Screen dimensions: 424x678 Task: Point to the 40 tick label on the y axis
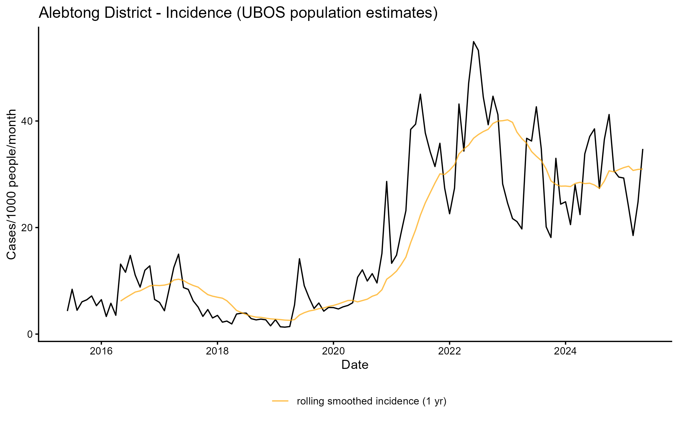[x=27, y=121]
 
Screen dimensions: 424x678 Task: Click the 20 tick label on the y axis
[x=27, y=228]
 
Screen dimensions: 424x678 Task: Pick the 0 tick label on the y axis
[x=30, y=334]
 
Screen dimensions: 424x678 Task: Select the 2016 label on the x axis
[x=101, y=351]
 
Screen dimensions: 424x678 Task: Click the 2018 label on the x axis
[x=217, y=351]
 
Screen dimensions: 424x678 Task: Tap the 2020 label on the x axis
[x=333, y=351]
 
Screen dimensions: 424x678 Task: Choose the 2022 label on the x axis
[x=449, y=351]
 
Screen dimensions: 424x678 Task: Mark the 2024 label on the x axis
[x=565, y=351]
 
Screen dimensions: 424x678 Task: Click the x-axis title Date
[x=355, y=365]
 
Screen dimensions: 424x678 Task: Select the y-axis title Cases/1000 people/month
[x=12, y=184]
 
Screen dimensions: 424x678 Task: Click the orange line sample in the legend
[x=280, y=401]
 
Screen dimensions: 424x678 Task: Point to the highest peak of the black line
[x=473, y=42]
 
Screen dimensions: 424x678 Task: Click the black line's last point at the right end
[x=643, y=149]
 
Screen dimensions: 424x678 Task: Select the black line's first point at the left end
[x=67, y=311]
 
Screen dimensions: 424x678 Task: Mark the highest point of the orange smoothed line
[x=507, y=120]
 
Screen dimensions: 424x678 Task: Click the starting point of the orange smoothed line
[x=121, y=301]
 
